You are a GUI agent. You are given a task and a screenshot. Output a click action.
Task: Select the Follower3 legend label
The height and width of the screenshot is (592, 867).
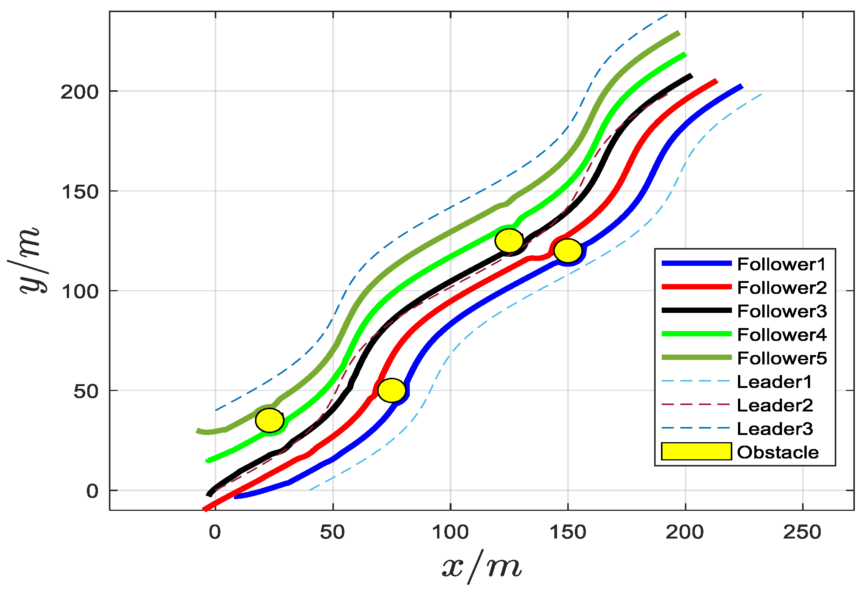(782, 311)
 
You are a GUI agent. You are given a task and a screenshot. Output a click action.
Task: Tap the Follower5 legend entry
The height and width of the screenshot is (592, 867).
(782, 358)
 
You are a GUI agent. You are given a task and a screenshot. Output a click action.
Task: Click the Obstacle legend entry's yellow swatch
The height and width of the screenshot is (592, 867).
(696, 452)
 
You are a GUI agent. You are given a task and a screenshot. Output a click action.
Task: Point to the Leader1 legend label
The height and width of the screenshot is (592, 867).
(774, 382)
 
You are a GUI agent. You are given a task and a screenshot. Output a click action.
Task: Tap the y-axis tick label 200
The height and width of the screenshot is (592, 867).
(79, 92)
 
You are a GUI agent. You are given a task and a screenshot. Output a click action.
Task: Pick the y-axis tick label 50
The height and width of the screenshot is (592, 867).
(86, 391)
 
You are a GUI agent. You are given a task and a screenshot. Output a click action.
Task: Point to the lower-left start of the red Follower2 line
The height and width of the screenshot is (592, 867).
(205, 509)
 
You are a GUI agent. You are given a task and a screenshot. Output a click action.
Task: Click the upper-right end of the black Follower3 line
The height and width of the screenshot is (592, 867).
(691, 76)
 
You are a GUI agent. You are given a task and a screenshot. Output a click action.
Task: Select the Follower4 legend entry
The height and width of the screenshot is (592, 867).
(782, 335)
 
